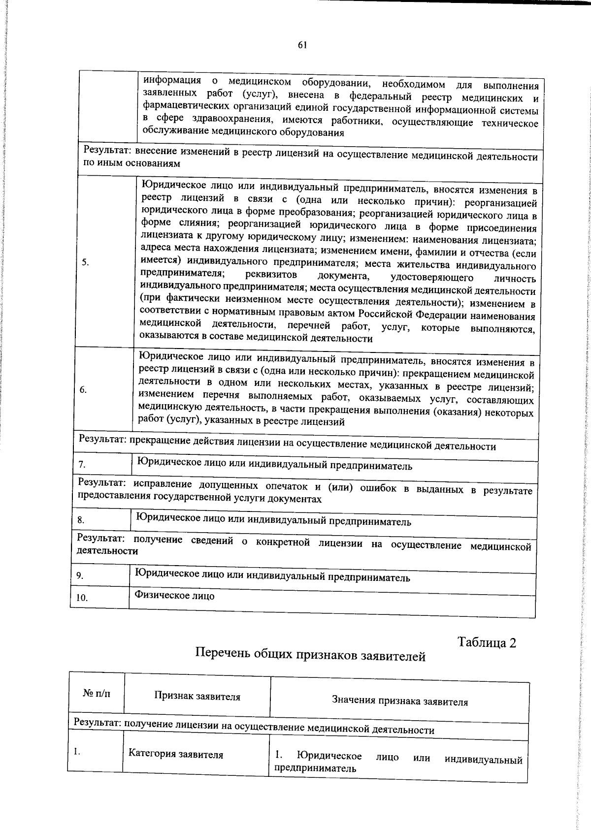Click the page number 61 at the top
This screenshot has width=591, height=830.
pos(302,45)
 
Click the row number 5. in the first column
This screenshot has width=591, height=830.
pos(86,262)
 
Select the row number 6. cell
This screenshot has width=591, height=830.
pos(83,390)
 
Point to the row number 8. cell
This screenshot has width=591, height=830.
pos(81,520)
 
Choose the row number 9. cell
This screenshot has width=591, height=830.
pos(80,575)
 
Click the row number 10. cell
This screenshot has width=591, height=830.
pos(82,598)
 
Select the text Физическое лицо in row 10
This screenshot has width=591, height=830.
pos(175,596)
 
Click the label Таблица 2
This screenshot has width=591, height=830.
pos(487,642)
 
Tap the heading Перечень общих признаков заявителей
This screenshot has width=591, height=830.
pos(310,655)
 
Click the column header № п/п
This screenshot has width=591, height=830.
pos(97,694)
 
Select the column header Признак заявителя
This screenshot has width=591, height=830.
pos(197,697)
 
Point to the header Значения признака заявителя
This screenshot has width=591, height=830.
pos(399,702)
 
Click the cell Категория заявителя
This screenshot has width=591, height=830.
pos(176,754)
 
